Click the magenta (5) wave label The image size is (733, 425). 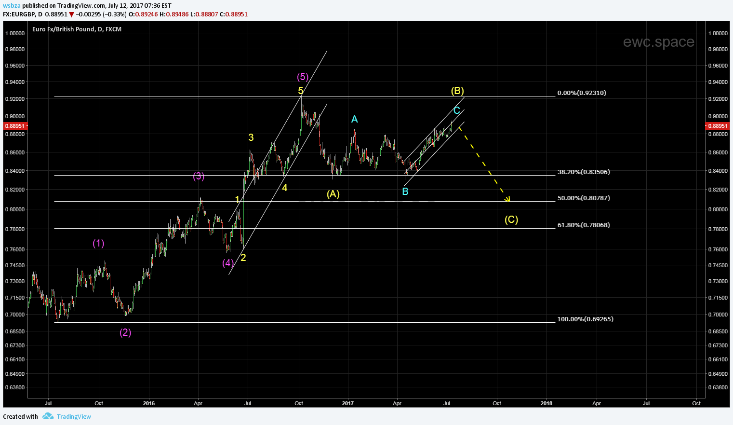[x=303, y=77]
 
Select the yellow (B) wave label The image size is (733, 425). [x=457, y=91]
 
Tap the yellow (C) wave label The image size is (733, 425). [x=511, y=219]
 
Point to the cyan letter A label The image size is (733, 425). [x=354, y=119]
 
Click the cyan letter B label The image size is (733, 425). [x=405, y=192]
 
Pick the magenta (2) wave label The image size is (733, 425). [x=125, y=332]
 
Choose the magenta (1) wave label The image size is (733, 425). [x=98, y=243]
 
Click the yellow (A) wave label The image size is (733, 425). [x=333, y=194]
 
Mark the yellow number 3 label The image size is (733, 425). [x=251, y=137]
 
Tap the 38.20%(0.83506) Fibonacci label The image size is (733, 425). [x=583, y=172]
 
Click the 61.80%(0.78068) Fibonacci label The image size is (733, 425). [x=583, y=225]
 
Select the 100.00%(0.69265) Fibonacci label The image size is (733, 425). [x=585, y=319]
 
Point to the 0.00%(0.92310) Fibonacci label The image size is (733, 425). [x=581, y=93]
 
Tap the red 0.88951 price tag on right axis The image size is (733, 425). [x=717, y=126]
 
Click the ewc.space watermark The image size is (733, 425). [x=658, y=42]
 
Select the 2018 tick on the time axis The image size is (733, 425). [x=546, y=403]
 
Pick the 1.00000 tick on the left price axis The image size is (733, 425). [x=14, y=33]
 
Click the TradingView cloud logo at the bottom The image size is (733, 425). [x=48, y=416]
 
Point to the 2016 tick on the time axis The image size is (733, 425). [x=149, y=403]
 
